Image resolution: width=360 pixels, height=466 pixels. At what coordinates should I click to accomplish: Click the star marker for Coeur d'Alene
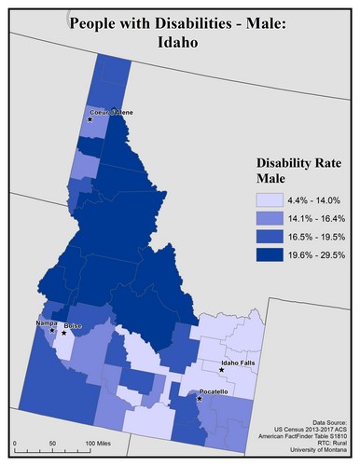pyautogui.click(x=90, y=119)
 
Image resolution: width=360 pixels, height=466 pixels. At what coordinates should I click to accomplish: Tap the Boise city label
pyautogui.click(x=73, y=326)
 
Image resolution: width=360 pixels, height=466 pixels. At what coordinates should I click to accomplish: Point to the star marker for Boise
pyautogui.click(x=64, y=333)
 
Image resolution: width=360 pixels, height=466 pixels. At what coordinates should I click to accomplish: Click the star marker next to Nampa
pyautogui.click(x=52, y=330)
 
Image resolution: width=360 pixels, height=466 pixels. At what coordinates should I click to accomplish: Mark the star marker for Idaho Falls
pyautogui.click(x=222, y=370)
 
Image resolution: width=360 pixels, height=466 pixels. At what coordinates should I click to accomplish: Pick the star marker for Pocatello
pyautogui.click(x=200, y=399)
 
